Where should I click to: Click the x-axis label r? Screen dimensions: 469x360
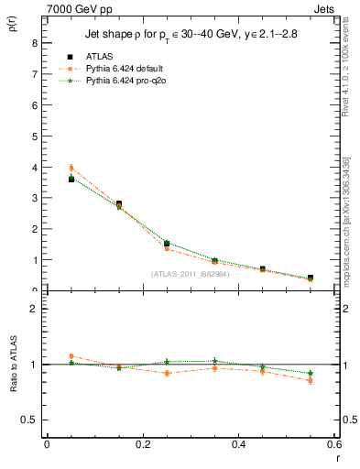pos(337,458)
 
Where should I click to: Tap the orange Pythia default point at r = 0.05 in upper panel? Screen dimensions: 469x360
pos(71,168)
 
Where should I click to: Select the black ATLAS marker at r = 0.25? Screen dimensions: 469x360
pos(167,244)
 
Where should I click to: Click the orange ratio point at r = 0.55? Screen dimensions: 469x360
pos(311,380)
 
